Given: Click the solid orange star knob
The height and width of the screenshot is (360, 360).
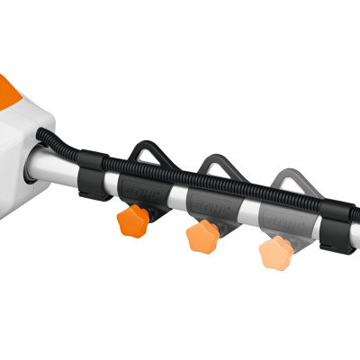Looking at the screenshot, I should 133,220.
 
